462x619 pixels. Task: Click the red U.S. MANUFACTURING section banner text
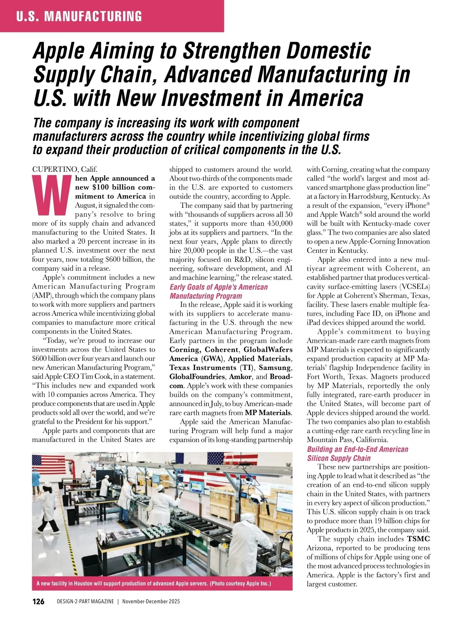coord(79,16)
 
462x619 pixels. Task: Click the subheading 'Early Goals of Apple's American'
coord(218,287)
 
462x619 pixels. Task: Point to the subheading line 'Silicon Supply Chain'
coord(338,458)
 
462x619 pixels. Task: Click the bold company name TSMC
coord(418,539)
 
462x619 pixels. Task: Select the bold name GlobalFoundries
coord(197,377)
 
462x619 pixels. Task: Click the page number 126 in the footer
coord(38,602)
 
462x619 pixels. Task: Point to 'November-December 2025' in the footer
coord(151,602)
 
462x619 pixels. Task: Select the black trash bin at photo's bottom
coord(91,563)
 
